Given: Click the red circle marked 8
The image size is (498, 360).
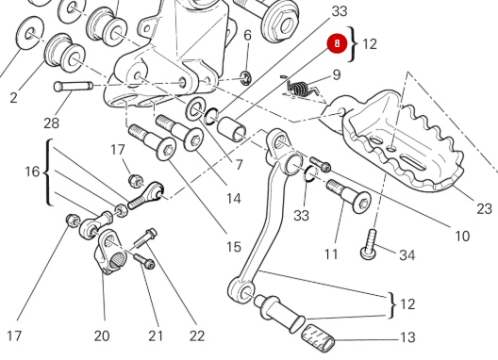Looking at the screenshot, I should [x=337, y=43].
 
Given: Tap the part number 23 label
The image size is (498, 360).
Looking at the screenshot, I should [x=484, y=209].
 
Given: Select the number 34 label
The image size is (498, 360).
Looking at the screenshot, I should [x=407, y=255].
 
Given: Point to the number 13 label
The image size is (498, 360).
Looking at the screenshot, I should [x=407, y=337].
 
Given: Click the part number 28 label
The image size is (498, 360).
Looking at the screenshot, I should [x=52, y=123].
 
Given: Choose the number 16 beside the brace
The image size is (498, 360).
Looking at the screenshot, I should [x=32, y=172].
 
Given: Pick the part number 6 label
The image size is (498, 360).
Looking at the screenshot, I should [x=247, y=36].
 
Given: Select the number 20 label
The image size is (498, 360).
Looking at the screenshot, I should [x=102, y=335].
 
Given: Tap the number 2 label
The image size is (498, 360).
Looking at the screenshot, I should [x=14, y=97].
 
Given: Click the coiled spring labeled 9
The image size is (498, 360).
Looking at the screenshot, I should [x=301, y=89].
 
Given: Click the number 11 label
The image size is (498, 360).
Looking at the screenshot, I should [x=331, y=254].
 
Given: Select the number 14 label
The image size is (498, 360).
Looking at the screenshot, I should [x=233, y=199].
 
